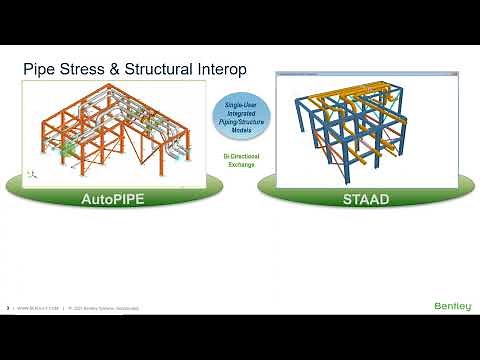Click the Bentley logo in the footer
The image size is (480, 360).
453,306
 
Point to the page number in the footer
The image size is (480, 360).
9,308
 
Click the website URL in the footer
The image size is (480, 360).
37,308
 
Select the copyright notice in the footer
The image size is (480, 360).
100,308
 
